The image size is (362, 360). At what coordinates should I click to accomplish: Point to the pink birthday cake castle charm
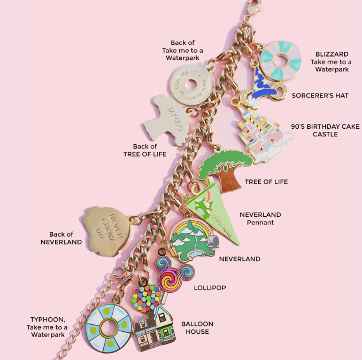(x=263, y=134)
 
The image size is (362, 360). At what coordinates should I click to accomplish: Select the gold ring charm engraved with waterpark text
(x=188, y=83)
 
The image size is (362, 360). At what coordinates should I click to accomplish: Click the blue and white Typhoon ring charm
(x=109, y=326)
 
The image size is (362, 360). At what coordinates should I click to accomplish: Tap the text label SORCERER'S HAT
(x=320, y=96)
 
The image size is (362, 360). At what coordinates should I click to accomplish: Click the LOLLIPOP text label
(x=210, y=288)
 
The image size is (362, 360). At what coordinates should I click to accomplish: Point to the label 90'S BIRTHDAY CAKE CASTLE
(x=325, y=130)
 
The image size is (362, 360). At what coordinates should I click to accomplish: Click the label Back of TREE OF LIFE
(x=145, y=150)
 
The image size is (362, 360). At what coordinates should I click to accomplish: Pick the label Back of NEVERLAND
(x=61, y=238)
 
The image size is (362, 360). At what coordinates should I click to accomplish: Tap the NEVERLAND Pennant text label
(x=260, y=218)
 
